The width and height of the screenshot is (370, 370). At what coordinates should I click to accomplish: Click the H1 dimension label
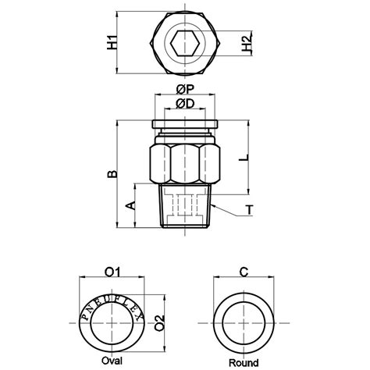coord(112,42)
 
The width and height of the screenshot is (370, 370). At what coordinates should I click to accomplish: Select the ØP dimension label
coord(185,89)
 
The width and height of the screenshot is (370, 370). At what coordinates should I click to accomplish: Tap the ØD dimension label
coord(185,104)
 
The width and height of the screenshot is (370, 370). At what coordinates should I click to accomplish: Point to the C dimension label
coord(244,272)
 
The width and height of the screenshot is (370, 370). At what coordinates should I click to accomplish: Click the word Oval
coord(113,361)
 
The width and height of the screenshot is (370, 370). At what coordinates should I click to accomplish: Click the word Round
coord(244,362)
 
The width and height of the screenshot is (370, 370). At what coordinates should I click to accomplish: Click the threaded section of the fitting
coord(185,205)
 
